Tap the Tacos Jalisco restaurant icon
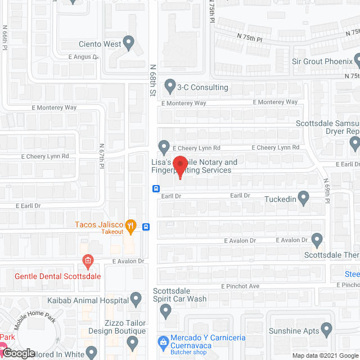click(x=131, y=227)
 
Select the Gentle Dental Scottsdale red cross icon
click(x=87, y=261)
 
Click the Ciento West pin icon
click(x=129, y=43)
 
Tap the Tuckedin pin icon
click(x=304, y=198)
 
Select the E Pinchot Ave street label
click(x=240, y=286)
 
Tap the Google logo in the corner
click(x=18, y=353)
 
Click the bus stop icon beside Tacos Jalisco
click(x=146, y=227)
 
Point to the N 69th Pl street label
click(x=326, y=192)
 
